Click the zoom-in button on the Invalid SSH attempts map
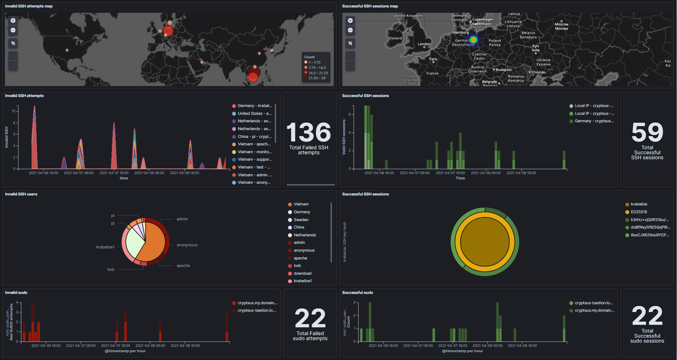pos(13,21)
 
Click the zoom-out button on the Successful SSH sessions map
pos(350,30)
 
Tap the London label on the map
pos(424,44)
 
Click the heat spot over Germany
pos(473,40)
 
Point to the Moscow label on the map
pos(562,25)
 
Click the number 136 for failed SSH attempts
pos(308,133)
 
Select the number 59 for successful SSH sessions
pos(647,133)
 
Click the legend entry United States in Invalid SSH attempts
pos(254,113)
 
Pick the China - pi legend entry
pos(254,136)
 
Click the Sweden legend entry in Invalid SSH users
pos(301,220)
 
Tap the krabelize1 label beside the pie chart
pos(105,247)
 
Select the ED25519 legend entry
pos(639,212)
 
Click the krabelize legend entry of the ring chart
pos(639,204)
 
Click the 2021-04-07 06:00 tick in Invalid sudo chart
pos(81,345)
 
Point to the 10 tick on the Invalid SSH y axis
pos(14,111)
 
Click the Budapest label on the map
pos(504,70)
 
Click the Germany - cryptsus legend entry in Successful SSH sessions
pos(594,121)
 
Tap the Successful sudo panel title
pos(357,292)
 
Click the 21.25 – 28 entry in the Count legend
pos(317,78)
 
